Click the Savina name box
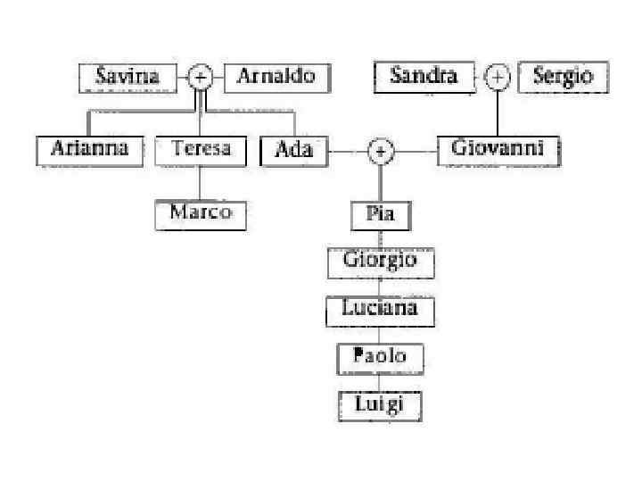(x=128, y=77)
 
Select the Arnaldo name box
(x=276, y=77)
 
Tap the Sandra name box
(x=424, y=77)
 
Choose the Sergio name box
(x=563, y=77)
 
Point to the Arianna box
(x=89, y=149)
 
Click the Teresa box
(x=200, y=149)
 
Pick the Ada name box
(x=293, y=150)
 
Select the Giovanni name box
(x=498, y=149)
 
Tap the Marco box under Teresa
(x=200, y=213)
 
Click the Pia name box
(x=380, y=215)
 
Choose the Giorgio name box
(x=380, y=262)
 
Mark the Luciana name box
(x=380, y=310)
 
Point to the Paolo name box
(x=380, y=357)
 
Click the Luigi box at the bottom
(x=380, y=405)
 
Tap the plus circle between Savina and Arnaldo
(x=201, y=78)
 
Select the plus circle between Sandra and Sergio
(x=498, y=78)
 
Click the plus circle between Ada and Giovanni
(x=381, y=152)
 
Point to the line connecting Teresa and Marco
(x=200, y=183)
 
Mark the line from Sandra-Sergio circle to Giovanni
(x=498, y=112)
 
